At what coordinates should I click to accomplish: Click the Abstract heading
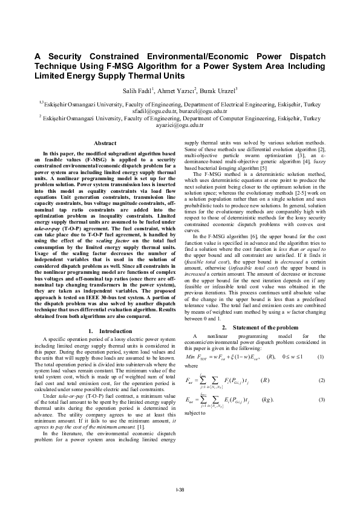105,143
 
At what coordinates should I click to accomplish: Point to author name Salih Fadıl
139,91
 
